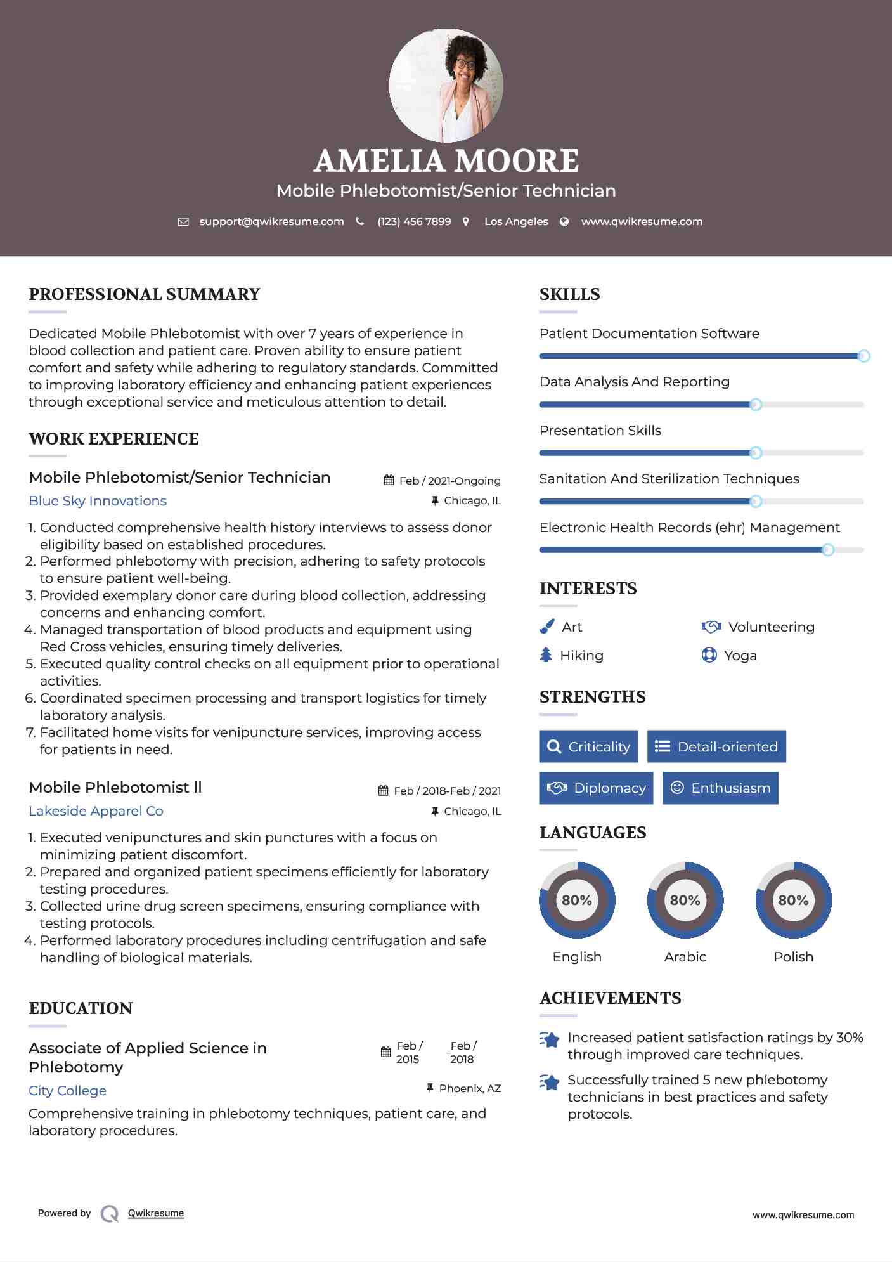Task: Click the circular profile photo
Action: (x=446, y=85)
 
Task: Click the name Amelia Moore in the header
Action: (x=446, y=161)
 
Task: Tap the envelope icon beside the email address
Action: (x=183, y=222)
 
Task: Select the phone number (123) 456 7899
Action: (x=414, y=222)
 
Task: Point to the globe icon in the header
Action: (x=564, y=222)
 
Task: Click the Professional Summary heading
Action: (x=145, y=294)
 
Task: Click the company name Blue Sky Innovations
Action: (x=98, y=501)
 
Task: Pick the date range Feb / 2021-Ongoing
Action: (x=449, y=481)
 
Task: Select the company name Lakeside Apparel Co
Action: (x=96, y=811)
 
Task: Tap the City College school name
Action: (x=67, y=1091)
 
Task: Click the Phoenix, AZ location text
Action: (x=470, y=1088)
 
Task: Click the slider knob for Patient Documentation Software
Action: (x=863, y=356)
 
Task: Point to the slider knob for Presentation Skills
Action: (x=756, y=453)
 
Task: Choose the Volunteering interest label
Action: (x=771, y=627)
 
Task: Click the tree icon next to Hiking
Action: (x=546, y=655)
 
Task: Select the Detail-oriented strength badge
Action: (x=716, y=746)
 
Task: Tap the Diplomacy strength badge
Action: (x=596, y=788)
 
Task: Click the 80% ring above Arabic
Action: (x=685, y=900)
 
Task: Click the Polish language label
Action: (x=793, y=957)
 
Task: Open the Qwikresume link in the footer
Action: (x=156, y=1213)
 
